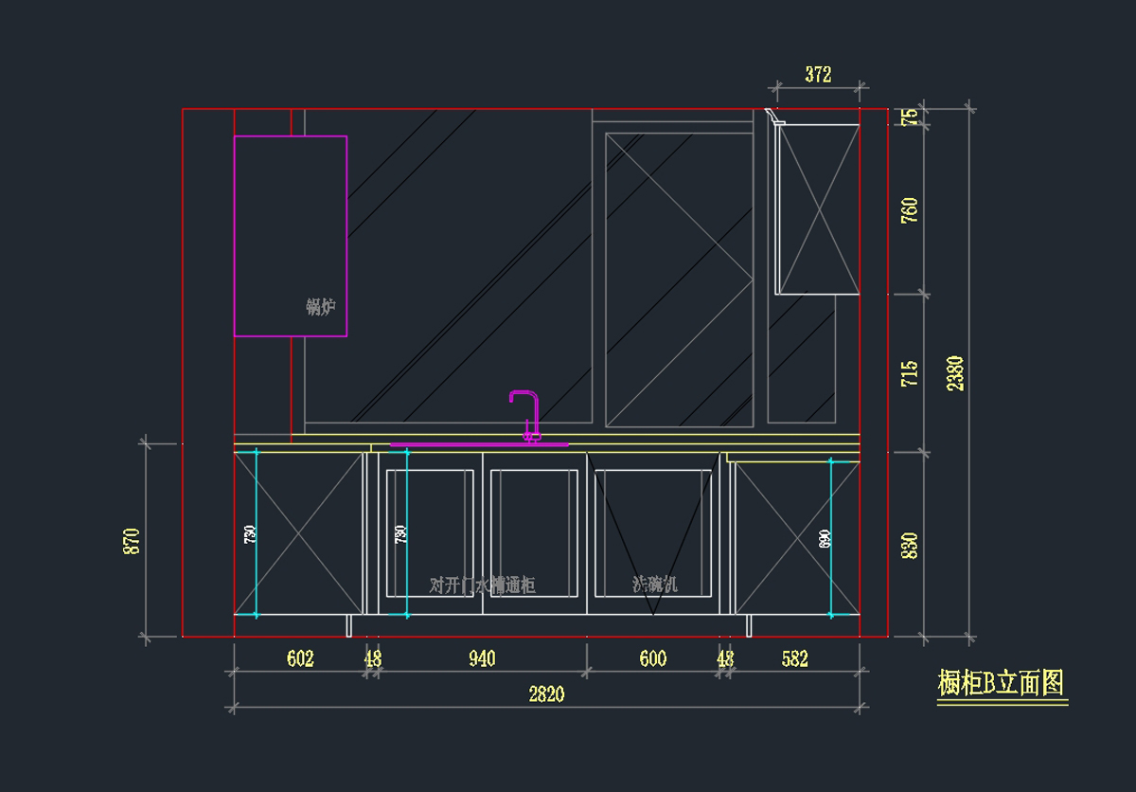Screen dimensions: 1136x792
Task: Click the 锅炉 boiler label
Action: (x=321, y=307)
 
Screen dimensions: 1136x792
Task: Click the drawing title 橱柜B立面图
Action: (x=1001, y=683)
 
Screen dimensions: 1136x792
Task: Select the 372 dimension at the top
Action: (x=818, y=75)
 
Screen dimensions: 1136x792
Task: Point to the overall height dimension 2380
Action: (x=955, y=372)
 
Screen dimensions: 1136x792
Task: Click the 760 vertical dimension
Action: (x=910, y=210)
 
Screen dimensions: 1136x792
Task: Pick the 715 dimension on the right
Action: (x=910, y=373)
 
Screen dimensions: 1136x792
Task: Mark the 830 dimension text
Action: (x=910, y=547)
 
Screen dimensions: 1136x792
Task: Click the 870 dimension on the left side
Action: (x=132, y=541)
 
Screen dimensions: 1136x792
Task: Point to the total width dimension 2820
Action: (x=546, y=694)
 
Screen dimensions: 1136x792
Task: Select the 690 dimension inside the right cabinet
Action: (x=825, y=539)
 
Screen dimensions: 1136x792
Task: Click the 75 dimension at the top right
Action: (x=910, y=117)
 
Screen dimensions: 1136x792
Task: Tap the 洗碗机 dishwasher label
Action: (x=655, y=584)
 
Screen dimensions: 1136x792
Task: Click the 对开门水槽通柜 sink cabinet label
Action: (x=482, y=585)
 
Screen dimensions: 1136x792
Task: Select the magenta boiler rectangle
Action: (x=290, y=236)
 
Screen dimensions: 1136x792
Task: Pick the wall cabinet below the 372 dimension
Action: (x=818, y=208)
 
